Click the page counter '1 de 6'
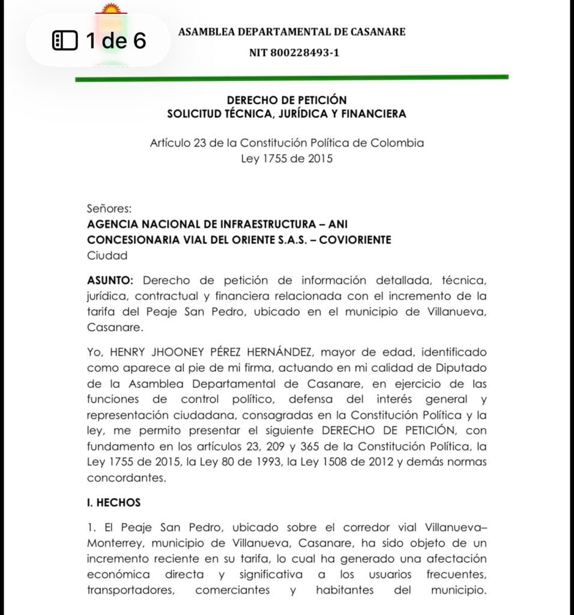115,41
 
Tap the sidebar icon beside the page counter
65,41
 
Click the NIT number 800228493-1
294,53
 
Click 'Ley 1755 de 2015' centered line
286,159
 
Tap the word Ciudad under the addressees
107,255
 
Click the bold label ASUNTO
111,280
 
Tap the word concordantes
125,479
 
